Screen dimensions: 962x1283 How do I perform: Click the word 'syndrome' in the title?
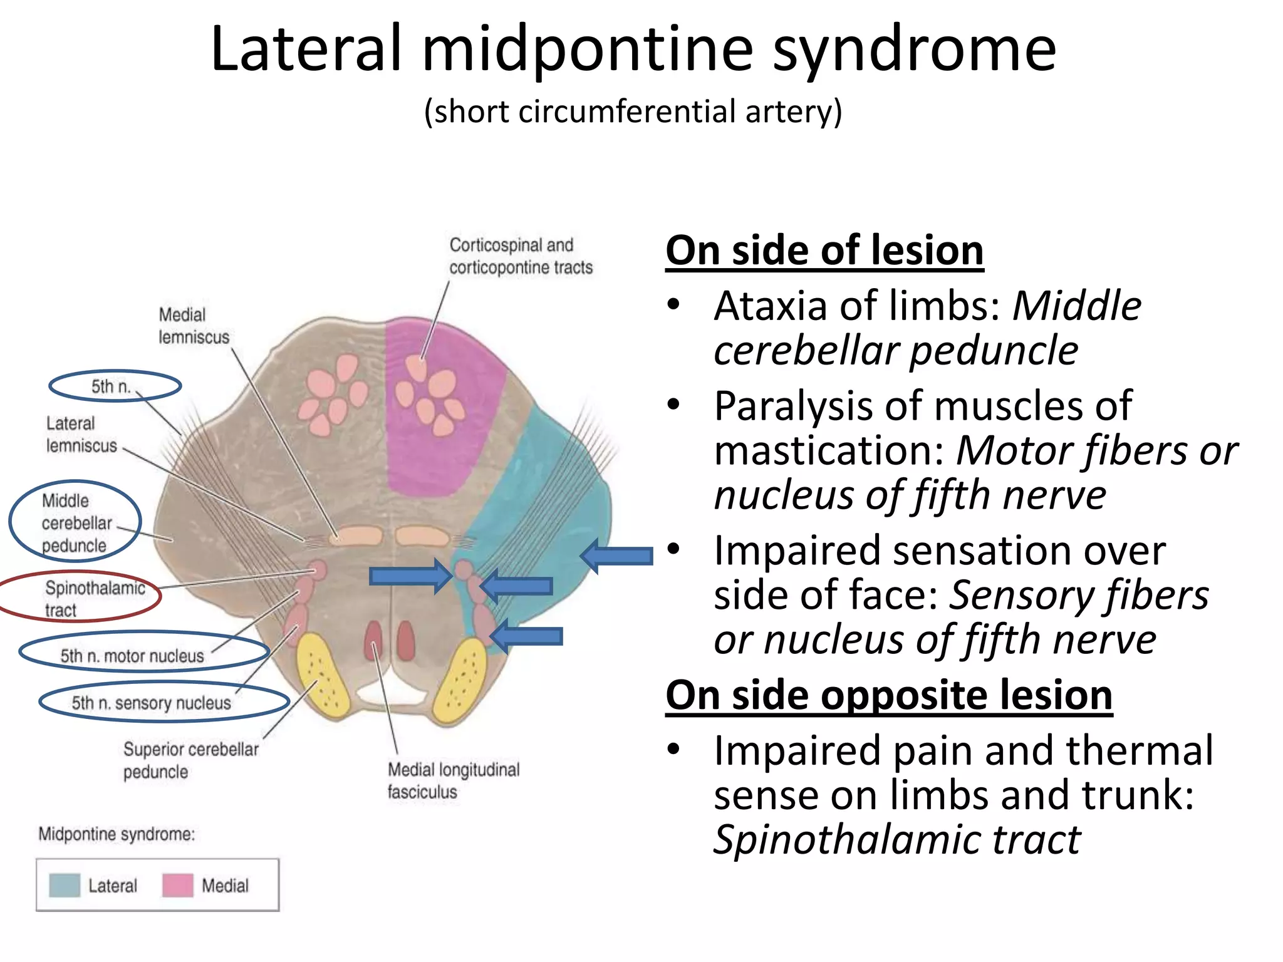point(915,50)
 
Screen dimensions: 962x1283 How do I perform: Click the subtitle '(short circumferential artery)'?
point(633,112)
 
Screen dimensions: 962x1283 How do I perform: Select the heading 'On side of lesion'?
point(824,251)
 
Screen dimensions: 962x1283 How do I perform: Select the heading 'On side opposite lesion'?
point(888,695)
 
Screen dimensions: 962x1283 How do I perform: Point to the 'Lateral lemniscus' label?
point(81,435)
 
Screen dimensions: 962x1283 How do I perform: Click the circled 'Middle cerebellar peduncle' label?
point(76,523)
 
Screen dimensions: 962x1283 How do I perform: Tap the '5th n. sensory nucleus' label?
point(151,703)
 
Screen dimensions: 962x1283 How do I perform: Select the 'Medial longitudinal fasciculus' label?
point(452,780)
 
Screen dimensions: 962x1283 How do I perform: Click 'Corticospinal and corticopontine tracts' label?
point(520,256)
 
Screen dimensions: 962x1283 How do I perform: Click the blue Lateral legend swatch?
point(65,885)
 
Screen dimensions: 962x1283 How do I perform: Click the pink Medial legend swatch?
point(177,885)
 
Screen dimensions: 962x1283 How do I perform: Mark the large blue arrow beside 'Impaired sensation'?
point(617,556)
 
